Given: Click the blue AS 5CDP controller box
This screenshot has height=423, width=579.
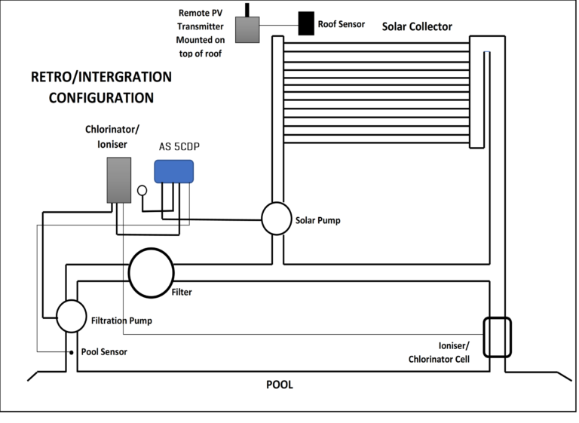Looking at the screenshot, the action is coord(174,171).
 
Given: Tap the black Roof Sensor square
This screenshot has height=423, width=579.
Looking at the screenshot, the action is coord(306,23).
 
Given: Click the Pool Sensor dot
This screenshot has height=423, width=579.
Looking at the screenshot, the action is coord(72,352).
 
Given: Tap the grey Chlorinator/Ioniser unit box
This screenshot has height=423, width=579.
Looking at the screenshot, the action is coord(119,180).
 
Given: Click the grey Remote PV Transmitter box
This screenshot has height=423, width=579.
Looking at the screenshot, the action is coord(247,29).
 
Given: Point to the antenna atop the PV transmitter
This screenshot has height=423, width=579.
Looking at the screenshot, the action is coord(247,10).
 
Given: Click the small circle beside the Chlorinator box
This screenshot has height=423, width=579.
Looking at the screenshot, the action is coord(142,190).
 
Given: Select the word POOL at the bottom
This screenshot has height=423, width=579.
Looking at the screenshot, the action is coord(280,385).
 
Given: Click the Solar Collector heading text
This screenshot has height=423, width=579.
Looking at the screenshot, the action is coord(417,26).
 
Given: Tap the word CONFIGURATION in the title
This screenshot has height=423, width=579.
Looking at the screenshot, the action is coord(101,98).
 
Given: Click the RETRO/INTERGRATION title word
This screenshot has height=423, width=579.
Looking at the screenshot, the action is coord(101,77).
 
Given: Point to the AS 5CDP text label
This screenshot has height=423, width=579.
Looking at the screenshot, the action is coord(179,147).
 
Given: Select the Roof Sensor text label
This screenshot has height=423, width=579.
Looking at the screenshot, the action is coord(342,24).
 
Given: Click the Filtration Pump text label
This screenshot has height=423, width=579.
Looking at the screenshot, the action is coord(121,320).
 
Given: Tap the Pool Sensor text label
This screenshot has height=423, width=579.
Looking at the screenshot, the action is coord(104,351).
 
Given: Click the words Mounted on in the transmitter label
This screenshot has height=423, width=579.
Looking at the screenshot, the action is coord(201,40).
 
